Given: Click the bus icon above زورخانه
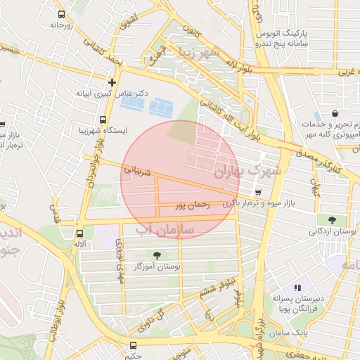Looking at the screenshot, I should click(61, 14).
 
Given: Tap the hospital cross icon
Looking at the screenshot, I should click(112, 82).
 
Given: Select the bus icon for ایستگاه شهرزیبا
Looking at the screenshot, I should click(103, 120).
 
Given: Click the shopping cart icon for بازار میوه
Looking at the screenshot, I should click(259, 193).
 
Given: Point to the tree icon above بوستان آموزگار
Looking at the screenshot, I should click(156, 255).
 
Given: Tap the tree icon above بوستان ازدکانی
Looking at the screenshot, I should click(323, 219).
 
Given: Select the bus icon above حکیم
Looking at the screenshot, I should click(134, 345).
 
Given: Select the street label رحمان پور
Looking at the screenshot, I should click(193, 205).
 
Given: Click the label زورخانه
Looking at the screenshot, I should click(62, 25).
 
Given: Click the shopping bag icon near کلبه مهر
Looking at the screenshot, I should click(335, 113).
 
